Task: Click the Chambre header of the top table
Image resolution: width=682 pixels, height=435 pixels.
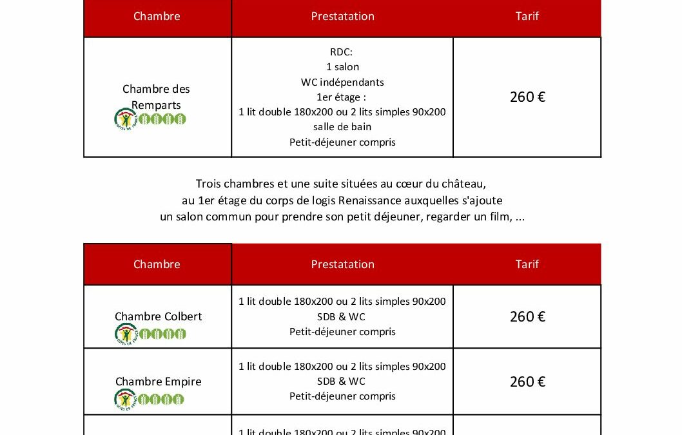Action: tap(157, 16)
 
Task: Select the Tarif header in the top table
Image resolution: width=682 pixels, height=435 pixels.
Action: tap(527, 16)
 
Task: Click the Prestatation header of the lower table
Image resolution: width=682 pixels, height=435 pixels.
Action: tap(342, 264)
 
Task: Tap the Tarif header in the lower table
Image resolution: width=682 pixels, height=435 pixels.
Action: tap(527, 264)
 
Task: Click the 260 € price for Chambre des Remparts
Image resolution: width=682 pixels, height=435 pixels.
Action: tap(527, 97)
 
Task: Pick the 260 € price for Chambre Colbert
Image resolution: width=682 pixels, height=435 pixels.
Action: tap(527, 317)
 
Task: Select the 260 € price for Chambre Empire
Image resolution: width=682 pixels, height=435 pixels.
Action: tap(527, 382)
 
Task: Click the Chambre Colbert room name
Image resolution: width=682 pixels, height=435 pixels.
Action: tap(158, 316)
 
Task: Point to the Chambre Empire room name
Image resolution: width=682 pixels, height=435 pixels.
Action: tap(158, 382)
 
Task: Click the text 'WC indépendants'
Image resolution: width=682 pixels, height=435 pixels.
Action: tap(342, 82)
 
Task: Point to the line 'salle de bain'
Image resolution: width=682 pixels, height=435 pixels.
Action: tap(342, 127)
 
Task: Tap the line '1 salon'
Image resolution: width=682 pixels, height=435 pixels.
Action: tap(342, 67)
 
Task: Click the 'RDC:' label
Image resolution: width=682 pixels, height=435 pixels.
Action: tap(342, 52)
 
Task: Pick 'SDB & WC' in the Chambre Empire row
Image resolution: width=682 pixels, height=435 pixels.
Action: tap(342, 382)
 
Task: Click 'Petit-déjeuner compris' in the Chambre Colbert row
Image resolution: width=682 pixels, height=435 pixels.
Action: tap(342, 332)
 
